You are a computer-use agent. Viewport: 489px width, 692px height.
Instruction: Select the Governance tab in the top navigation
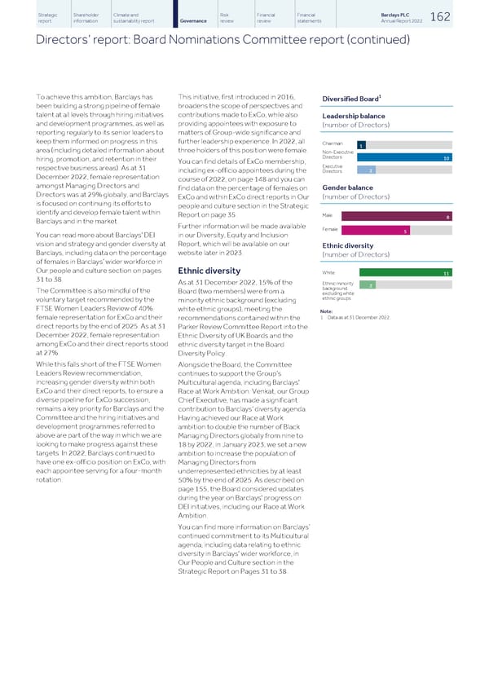click(192, 20)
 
